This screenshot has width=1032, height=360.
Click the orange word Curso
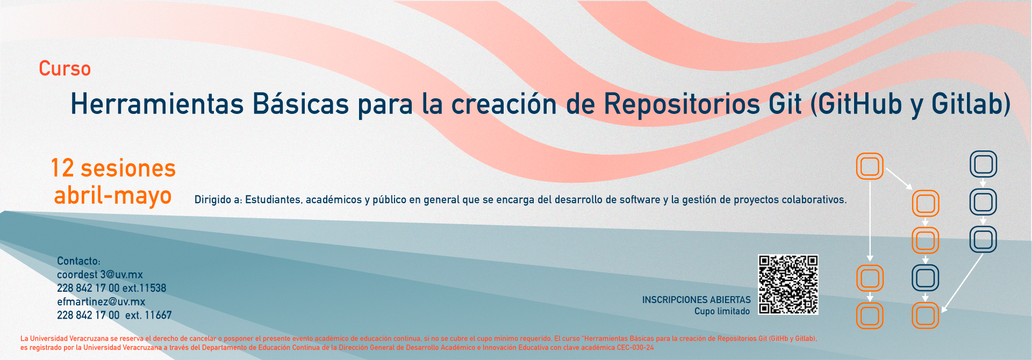[64, 69]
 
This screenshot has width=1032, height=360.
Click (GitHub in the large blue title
[856, 105]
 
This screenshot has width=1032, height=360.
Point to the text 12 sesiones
[113, 168]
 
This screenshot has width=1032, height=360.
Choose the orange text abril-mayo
[113, 196]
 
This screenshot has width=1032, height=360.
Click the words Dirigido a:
[218, 200]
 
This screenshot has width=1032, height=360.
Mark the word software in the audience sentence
[640, 200]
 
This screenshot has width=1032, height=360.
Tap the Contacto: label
[78, 261]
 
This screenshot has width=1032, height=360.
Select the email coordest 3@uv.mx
[100, 275]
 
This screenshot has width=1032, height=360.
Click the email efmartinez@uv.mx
[101, 302]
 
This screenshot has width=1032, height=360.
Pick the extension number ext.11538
[144, 288]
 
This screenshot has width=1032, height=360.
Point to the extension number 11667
[158, 315]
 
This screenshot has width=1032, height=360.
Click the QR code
[788, 285]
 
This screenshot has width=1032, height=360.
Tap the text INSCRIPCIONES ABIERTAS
[696, 300]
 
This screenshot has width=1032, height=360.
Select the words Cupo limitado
[722, 312]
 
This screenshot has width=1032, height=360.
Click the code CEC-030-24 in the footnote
[635, 348]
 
